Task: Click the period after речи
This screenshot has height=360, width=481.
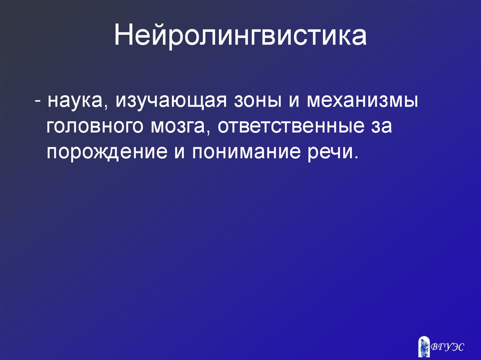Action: coord(355,158)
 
